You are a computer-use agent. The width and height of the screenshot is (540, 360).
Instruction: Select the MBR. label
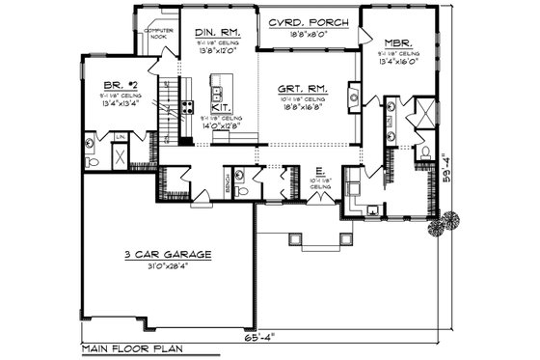[x=398, y=43]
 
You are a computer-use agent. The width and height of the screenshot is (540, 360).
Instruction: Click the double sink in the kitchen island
[x=218, y=94]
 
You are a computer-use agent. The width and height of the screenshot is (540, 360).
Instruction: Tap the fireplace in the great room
[x=354, y=96]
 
